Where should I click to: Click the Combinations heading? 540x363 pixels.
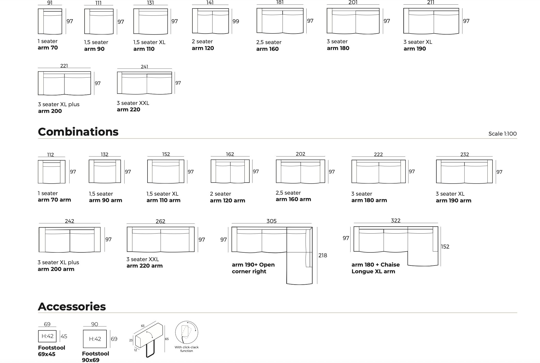coord(78,132)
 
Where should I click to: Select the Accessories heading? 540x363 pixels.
coord(72,307)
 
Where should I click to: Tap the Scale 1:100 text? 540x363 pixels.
coord(502,134)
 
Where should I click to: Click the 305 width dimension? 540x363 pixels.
coord(271,221)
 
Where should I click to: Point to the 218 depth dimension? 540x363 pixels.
coord(323,255)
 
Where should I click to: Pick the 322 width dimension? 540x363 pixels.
coord(396,220)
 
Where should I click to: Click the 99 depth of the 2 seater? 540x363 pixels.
coord(236,21)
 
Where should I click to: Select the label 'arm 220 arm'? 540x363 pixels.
coord(144,266)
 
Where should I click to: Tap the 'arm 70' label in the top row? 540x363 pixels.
coord(48,48)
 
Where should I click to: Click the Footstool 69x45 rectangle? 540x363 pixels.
coord(47,336)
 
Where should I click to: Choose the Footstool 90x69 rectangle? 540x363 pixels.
coord(95,339)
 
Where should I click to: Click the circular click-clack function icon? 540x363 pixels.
coord(186,333)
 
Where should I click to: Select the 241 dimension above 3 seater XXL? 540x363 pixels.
coord(144,67)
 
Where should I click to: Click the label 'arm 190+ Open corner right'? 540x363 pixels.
coord(253,268)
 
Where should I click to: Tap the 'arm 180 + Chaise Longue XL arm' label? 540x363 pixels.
coord(375,268)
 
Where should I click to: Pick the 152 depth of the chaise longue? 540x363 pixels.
coord(445,246)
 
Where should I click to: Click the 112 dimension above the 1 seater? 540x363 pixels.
coord(51,155)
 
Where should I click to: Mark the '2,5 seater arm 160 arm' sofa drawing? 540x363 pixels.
coord(300,171)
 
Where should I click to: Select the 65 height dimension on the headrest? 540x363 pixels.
coord(167,339)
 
